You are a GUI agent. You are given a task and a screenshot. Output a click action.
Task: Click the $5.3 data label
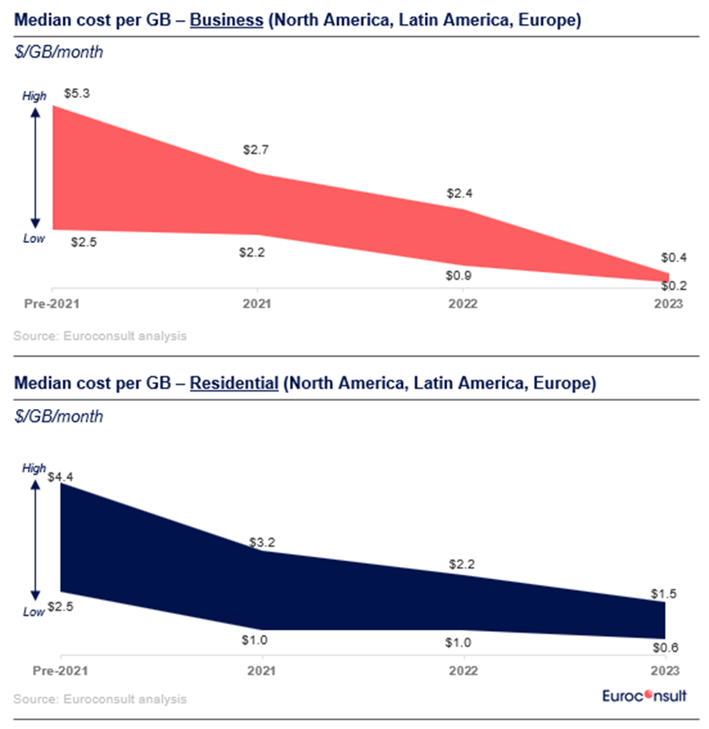(x=77, y=94)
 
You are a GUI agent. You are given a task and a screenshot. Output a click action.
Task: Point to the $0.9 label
(x=458, y=276)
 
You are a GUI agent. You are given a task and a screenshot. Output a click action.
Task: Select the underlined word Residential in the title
(x=234, y=383)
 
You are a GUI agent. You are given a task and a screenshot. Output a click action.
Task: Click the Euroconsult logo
(x=644, y=695)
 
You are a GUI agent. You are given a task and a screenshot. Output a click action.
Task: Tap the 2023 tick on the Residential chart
(x=666, y=670)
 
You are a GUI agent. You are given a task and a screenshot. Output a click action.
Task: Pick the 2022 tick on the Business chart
(x=462, y=305)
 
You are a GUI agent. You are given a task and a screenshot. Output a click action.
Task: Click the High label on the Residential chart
(x=35, y=468)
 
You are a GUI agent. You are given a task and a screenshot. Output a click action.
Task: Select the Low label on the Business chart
(x=35, y=237)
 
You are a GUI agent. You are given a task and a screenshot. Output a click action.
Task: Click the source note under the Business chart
(x=100, y=336)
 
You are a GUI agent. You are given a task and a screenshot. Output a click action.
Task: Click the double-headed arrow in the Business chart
(x=35, y=168)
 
